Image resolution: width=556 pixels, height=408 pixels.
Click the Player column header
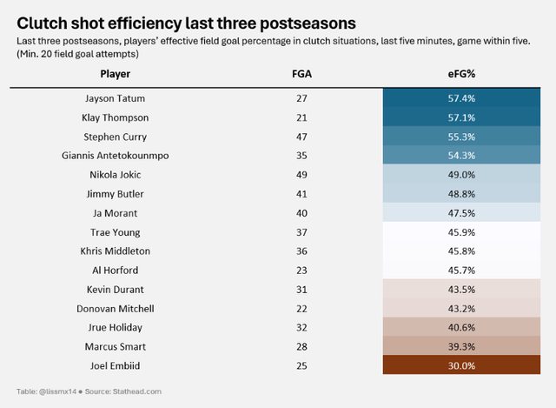(116, 74)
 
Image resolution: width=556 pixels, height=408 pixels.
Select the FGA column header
(301, 74)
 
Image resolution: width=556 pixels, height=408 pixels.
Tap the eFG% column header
(461, 74)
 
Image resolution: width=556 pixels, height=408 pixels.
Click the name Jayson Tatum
(116, 98)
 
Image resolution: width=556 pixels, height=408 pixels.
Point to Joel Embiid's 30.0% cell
(461, 366)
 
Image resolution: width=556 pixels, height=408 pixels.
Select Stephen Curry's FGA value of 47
(301, 137)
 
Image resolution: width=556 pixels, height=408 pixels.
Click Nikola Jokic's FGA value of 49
(301, 175)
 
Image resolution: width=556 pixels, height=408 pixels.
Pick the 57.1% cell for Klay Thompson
(461, 117)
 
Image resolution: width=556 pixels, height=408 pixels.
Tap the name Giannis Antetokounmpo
(116, 156)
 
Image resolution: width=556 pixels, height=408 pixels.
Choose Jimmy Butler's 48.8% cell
(461, 194)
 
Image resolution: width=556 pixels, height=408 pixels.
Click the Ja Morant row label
(116, 213)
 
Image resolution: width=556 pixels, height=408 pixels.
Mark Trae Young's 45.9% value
(461, 232)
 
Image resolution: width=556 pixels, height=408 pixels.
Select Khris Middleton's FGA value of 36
(301, 251)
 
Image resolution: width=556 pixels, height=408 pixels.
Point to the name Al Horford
(116, 271)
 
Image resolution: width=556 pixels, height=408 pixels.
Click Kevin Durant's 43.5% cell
(461, 290)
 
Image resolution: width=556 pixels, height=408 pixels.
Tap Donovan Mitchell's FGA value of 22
(301, 309)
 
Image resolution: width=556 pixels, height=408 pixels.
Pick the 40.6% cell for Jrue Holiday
(461, 328)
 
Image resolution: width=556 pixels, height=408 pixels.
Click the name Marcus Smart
(116, 347)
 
